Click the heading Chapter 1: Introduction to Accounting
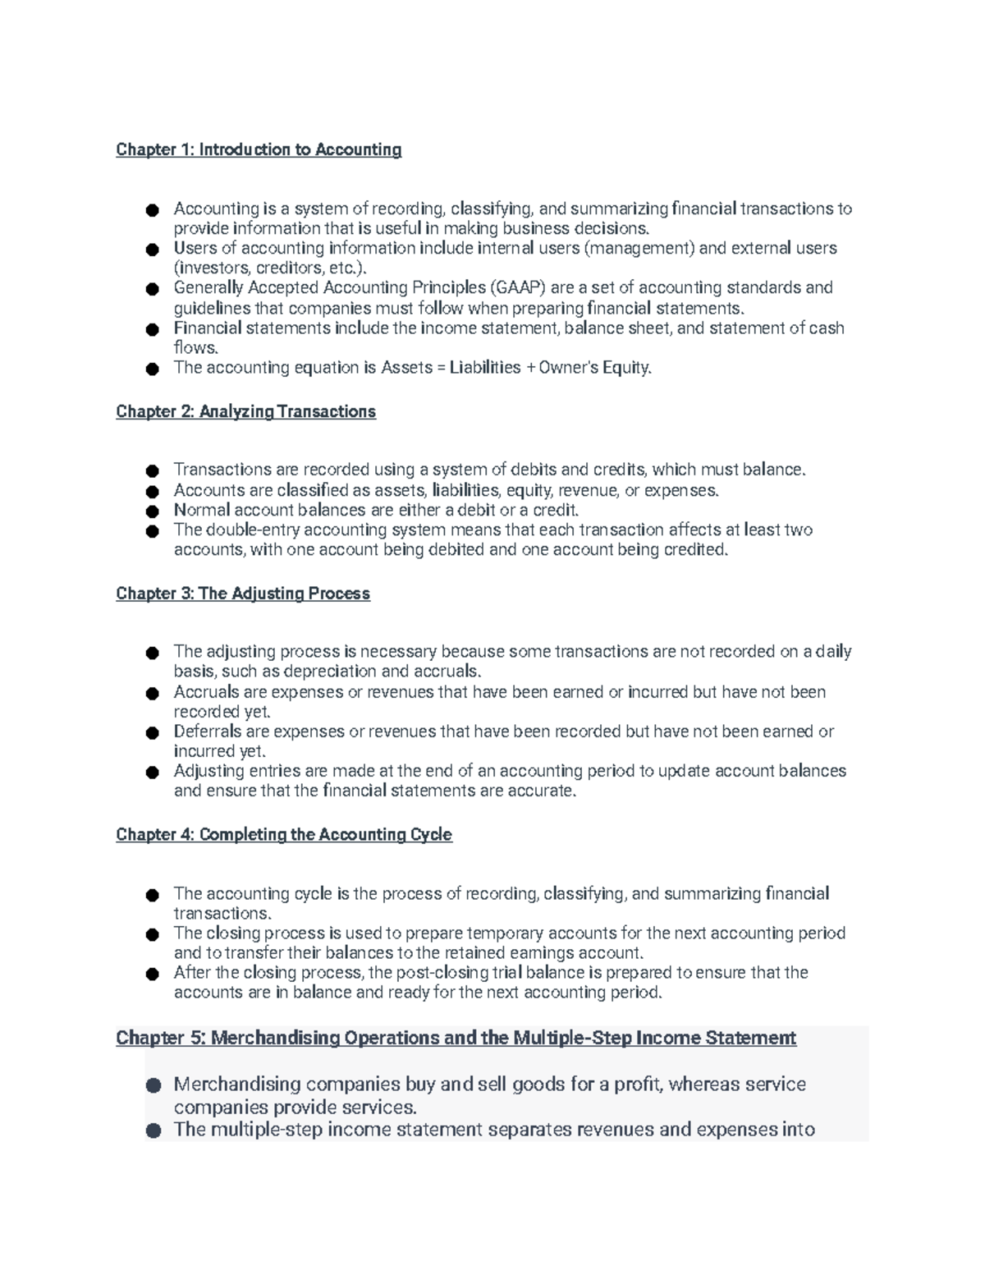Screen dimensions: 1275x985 click(x=259, y=149)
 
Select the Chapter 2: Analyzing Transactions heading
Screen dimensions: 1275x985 click(x=245, y=411)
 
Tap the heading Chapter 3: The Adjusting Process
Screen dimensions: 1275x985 click(x=243, y=594)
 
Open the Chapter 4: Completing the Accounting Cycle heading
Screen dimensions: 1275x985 click(x=284, y=835)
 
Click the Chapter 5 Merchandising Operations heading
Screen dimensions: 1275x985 click(x=456, y=1038)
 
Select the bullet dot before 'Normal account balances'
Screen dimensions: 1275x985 click(x=151, y=511)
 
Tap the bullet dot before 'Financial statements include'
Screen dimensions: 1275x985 click(x=151, y=329)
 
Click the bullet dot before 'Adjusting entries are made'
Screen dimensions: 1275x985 click(x=151, y=773)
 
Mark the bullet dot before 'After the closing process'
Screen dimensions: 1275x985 click(x=151, y=975)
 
